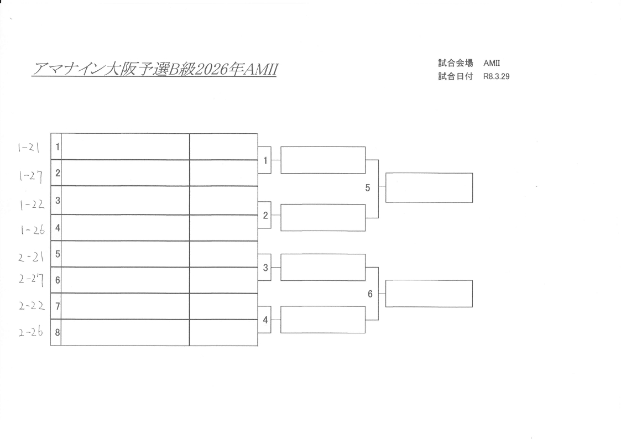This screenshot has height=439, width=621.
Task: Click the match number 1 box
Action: point(265,160)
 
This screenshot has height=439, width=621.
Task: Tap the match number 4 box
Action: point(265,320)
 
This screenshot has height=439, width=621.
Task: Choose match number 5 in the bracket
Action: point(368,188)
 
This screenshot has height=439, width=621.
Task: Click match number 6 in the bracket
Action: point(370,294)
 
